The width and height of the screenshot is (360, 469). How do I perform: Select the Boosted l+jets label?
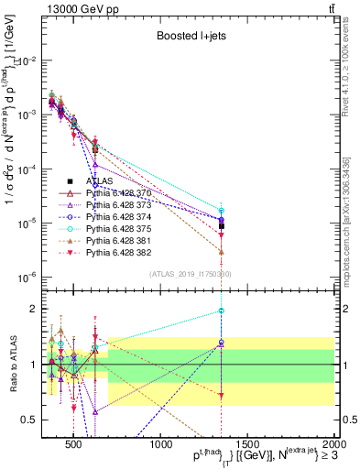pyautogui.click(x=188, y=35)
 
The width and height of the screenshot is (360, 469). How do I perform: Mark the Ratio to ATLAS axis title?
pyautogui.click(x=13, y=364)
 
